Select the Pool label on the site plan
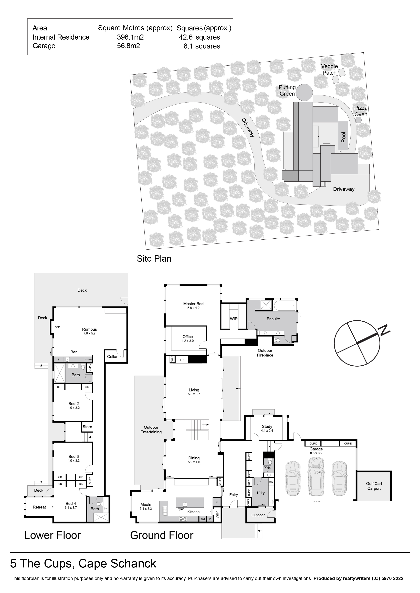343,137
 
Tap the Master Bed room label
193,304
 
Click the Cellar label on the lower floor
112,356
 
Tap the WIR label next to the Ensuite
234,319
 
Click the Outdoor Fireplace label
265,353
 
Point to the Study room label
267,426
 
